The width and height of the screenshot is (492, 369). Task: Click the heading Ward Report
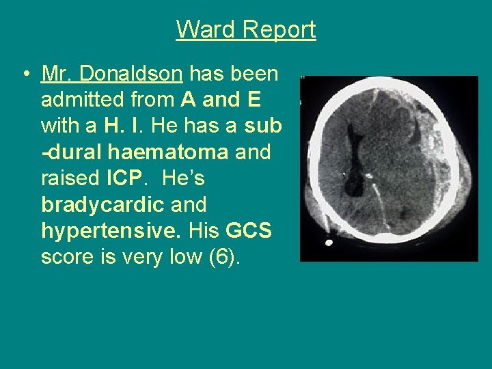pyautogui.click(x=246, y=29)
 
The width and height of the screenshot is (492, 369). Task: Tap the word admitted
pyautogui.click(x=81, y=100)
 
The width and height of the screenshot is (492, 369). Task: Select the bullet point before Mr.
pyautogui.click(x=25, y=74)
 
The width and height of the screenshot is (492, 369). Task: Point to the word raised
pyautogui.click(x=70, y=178)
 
